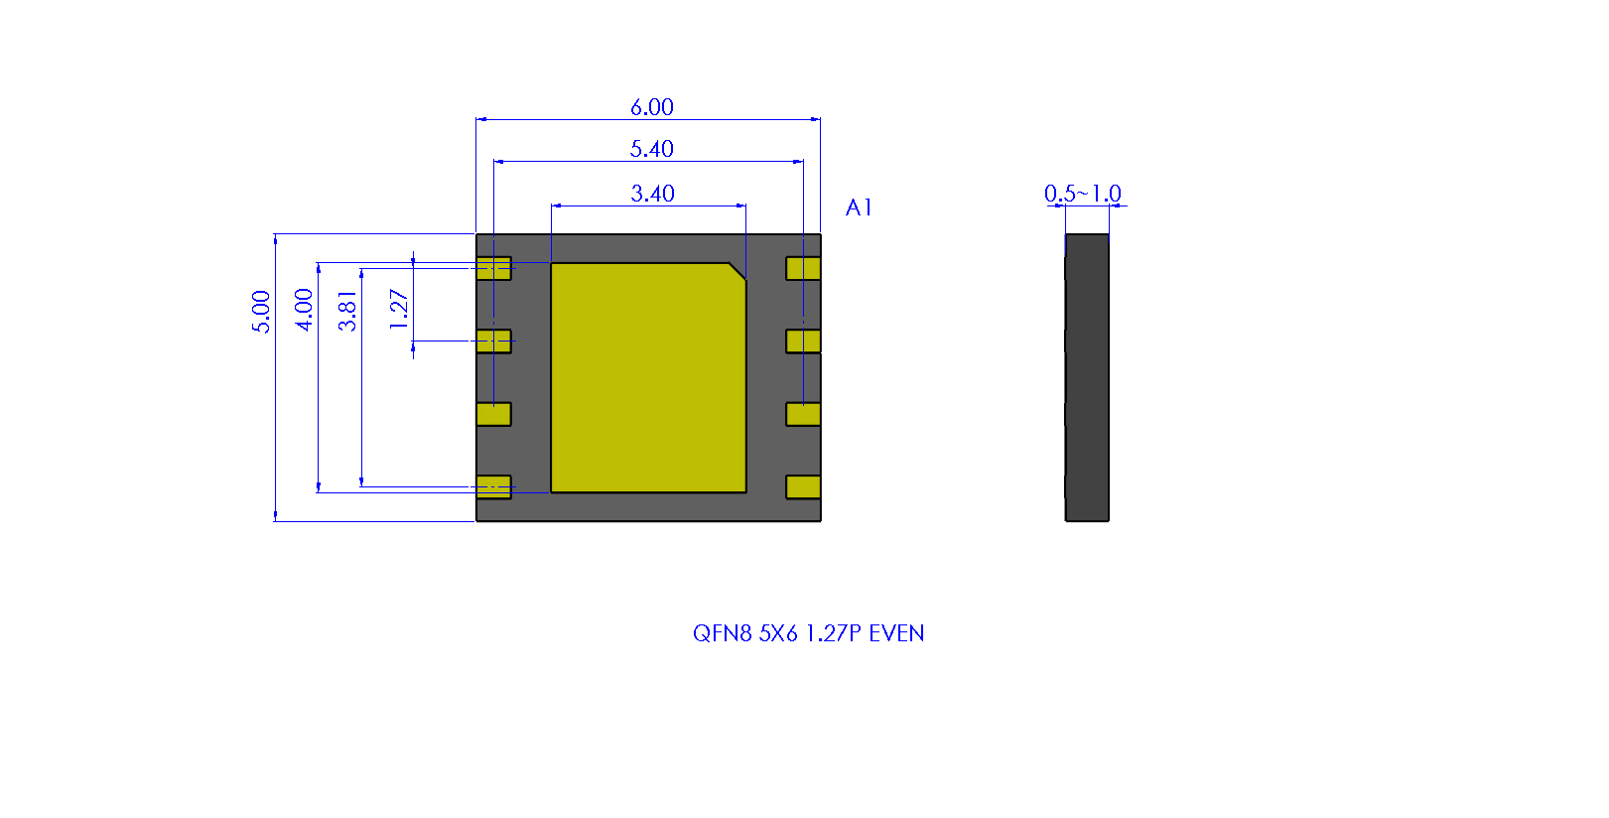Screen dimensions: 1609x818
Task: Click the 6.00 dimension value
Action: (x=651, y=107)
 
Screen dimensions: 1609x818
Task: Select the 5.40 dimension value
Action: (x=651, y=149)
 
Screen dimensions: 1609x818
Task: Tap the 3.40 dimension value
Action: (x=652, y=194)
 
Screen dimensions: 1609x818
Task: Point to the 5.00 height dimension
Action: (x=261, y=312)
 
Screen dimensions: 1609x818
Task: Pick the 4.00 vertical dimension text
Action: (x=304, y=310)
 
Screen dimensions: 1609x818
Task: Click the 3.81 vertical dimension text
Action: (x=347, y=311)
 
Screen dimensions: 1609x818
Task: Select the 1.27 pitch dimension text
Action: (x=399, y=309)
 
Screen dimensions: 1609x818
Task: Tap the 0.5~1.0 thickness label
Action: (x=1083, y=194)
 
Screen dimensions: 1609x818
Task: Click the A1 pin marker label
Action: (x=859, y=207)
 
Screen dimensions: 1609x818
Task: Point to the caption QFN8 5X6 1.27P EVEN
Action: (x=808, y=632)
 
